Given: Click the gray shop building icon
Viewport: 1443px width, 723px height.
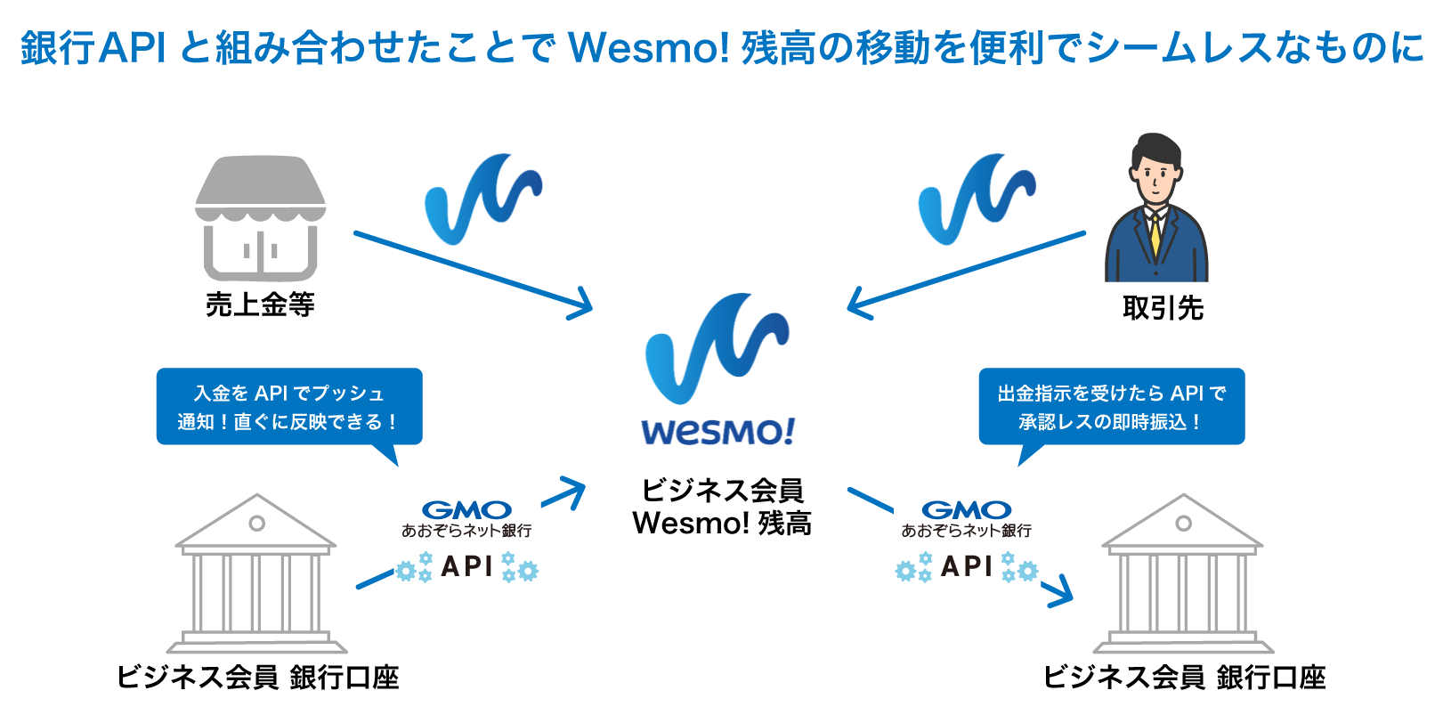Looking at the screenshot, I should click(x=260, y=218).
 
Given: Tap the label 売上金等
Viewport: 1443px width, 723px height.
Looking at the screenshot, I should click(x=260, y=305).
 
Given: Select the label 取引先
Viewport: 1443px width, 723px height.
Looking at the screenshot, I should click(x=1163, y=308).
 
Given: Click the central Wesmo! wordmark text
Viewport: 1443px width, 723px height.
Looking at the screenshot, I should click(x=717, y=432).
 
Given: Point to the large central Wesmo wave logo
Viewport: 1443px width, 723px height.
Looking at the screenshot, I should click(x=717, y=347).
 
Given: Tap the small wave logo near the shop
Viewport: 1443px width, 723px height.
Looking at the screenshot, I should click(x=482, y=198).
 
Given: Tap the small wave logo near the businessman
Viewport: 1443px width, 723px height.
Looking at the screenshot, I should click(x=976, y=198).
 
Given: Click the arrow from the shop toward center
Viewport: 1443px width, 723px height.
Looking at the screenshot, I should click(x=472, y=272).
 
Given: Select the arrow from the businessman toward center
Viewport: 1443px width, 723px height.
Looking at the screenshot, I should click(x=966, y=272).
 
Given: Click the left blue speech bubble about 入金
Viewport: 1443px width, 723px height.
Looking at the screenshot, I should click(x=288, y=407).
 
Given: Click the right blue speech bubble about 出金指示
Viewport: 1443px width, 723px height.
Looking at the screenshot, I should click(x=1111, y=407).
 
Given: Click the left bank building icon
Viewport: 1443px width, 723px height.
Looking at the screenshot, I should click(x=256, y=574).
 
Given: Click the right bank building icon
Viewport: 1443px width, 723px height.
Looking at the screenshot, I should click(x=1183, y=574).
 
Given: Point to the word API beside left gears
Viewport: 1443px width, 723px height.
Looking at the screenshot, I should click(x=466, y=566).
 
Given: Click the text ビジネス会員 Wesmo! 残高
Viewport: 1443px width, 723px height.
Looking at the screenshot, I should click(x=722, y=507).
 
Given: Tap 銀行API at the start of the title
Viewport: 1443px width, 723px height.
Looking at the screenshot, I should click(x=93, y=47).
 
